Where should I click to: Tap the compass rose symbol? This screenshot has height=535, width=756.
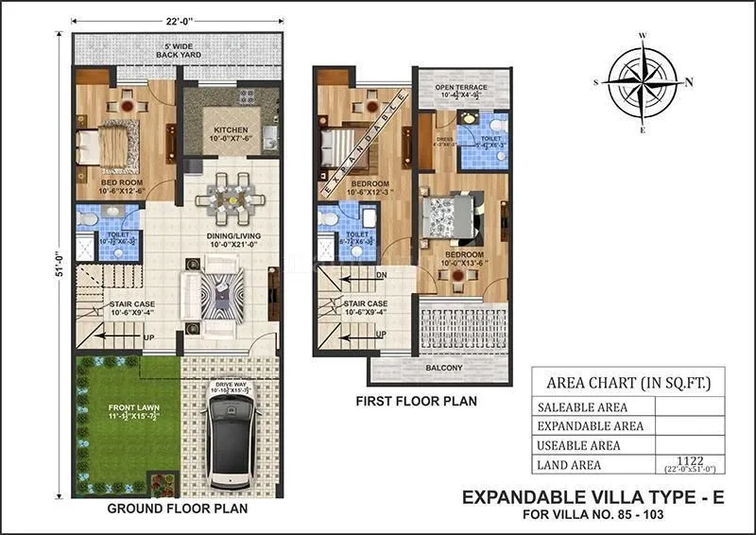point(643,81)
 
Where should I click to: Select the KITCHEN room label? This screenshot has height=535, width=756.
point(231,129)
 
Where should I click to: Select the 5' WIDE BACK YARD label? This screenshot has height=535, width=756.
point(179,51)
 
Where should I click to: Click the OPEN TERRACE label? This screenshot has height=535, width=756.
point(461,87)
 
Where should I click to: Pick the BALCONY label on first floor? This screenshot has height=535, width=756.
point(442,368)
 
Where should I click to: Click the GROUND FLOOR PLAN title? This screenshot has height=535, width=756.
point(178,509)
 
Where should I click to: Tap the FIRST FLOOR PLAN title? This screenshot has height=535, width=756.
point(416,402)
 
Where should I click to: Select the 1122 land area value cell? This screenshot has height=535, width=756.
point(688,464)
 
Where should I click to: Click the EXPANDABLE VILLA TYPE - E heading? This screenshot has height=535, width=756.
point(593,497)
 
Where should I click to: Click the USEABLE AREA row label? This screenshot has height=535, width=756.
point(578,445)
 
